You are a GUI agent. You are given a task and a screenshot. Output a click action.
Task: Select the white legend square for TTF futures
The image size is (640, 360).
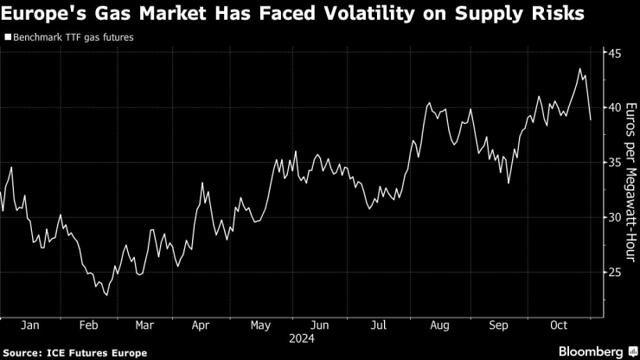tap(8, 38)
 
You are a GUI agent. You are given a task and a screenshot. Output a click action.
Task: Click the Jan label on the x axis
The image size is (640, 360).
tap(29, 325)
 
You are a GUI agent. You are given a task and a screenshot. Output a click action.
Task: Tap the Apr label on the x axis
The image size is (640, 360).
tap(200, 325)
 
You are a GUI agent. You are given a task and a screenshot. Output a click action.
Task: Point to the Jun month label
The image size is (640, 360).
tap(319, 325)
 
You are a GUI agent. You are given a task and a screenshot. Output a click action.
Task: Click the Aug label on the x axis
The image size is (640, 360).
tap(439, 325)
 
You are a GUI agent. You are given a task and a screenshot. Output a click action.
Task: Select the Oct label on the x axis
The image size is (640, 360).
tap(559, 325)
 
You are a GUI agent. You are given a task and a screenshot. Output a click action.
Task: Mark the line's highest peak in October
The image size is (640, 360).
tap(579, 69)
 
